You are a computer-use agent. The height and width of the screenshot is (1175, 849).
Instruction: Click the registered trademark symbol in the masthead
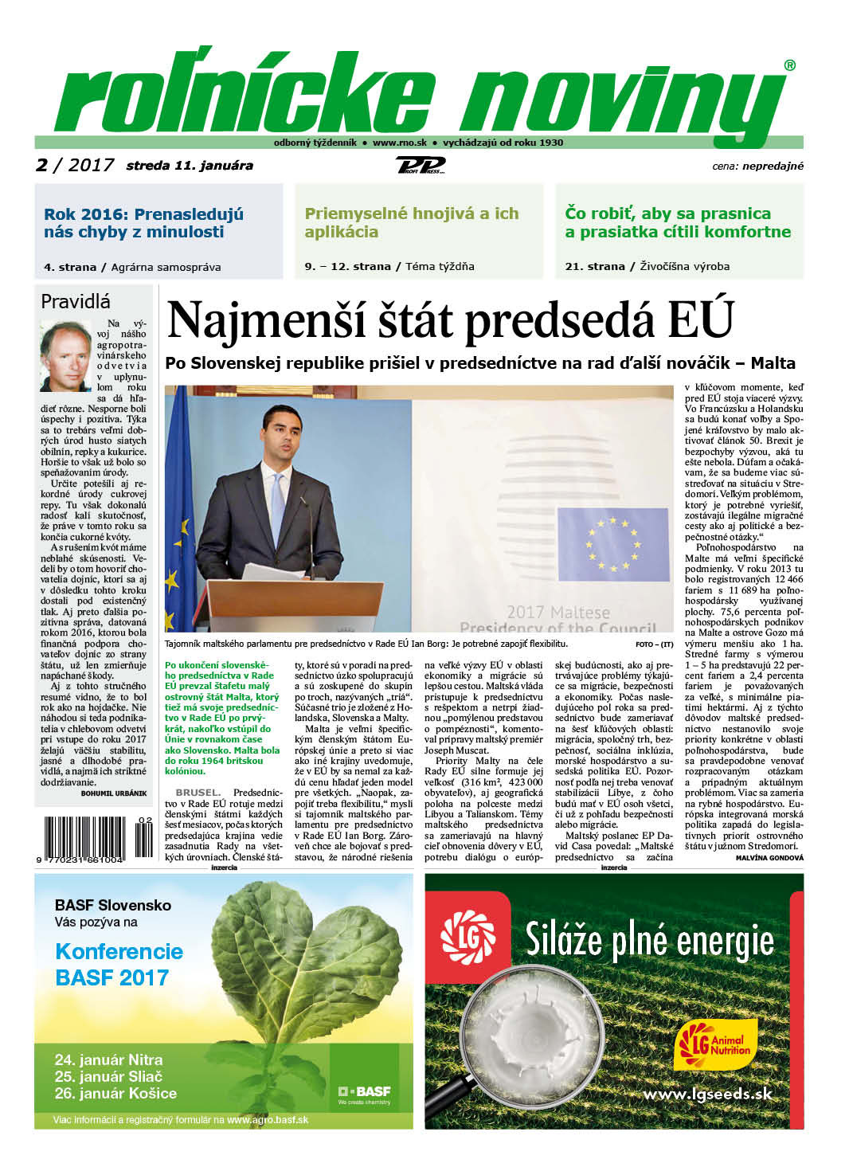[789, 66]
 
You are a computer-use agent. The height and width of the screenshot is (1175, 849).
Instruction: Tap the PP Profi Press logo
[421, 166]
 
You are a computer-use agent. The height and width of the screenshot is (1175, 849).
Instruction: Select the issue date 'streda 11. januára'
[190, 166]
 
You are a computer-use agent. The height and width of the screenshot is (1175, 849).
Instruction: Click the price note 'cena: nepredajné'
[757, 166]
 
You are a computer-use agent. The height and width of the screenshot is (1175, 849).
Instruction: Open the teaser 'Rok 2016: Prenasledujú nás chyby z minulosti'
[144, 223]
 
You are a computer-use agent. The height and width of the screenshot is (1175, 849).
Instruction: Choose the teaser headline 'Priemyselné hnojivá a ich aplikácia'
[411, 223]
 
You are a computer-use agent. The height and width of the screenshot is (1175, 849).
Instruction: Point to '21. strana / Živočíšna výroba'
[647, 267]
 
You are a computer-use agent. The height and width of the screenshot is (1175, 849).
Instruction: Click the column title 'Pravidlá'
[76, 302]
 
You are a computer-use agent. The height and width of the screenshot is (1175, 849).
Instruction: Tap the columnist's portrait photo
[66, 355]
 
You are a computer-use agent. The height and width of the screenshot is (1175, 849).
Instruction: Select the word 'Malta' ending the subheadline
[772, 363]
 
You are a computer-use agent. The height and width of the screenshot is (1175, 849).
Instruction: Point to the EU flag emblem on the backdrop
[612, 545]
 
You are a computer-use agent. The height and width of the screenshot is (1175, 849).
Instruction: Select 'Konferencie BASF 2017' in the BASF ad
[119, 965]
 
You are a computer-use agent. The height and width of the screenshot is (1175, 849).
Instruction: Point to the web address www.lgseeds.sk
[707, 1094]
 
